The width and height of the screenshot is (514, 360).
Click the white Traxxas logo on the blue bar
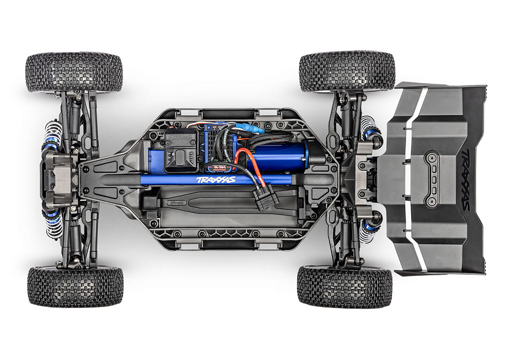point(215,180)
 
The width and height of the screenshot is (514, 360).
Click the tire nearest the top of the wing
point(347,71)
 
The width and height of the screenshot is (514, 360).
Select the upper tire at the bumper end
point(74,71)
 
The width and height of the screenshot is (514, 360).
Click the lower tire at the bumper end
point(75,286)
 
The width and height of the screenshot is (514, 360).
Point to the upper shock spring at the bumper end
point(53,136)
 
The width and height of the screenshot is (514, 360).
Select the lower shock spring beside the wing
point(369,230)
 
